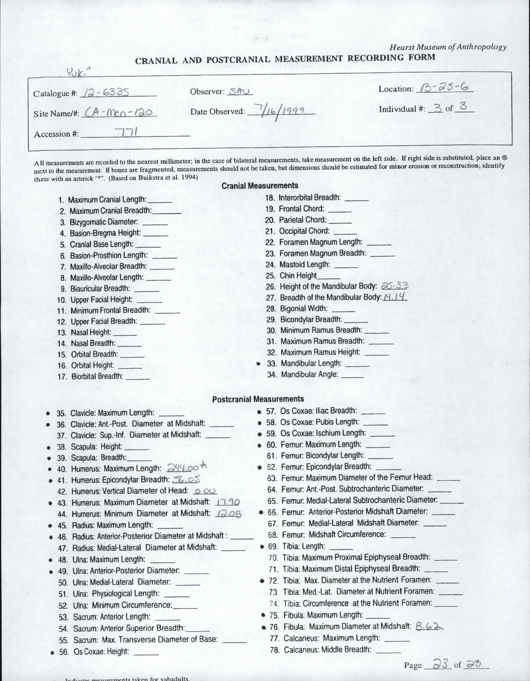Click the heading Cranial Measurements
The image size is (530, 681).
click(260, 186)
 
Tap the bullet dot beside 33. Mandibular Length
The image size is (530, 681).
click(258, 364)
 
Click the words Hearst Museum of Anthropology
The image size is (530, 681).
click(448, 47)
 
